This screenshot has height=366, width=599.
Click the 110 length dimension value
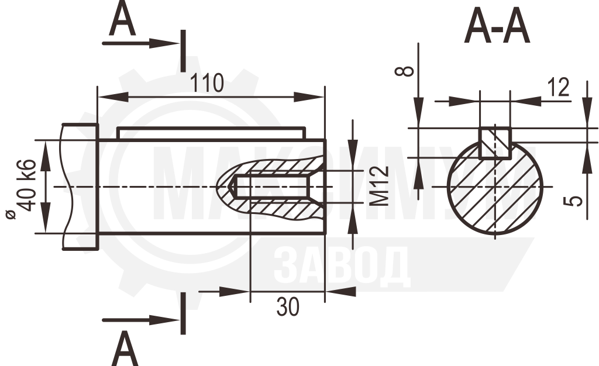[206, 84]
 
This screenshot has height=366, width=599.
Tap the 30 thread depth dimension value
[288, 307]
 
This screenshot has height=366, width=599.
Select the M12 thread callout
[380, 187]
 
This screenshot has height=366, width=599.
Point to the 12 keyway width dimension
[558, 87]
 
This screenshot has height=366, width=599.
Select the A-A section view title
[497, 26]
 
